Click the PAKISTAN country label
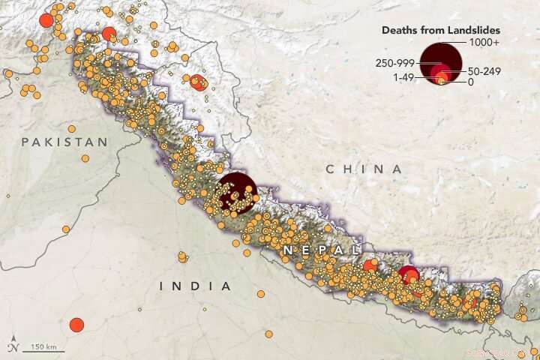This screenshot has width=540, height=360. (x=54, y=142)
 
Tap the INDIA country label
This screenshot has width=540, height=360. (x=195, y=286)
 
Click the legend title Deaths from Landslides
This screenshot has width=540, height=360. (x=441, y=30)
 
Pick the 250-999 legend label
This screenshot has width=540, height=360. (x=394, y=63)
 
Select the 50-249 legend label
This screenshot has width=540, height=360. (x=484, y=71)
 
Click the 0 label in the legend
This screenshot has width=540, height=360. (x=470, y=82)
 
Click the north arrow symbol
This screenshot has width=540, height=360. (x=13, y=346)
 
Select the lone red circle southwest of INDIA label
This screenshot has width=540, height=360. (x=76, y=325)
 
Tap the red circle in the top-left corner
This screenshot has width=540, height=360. (x=46, y=20)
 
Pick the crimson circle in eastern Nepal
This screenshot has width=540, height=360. (x=408, y=275)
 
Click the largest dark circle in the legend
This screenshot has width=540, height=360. (x=441, y=60)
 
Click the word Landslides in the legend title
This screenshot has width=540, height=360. (x=474, y=30)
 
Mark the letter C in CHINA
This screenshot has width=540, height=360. (x=330, y=169)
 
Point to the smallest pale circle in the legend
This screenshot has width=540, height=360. (x=441, y=82)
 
